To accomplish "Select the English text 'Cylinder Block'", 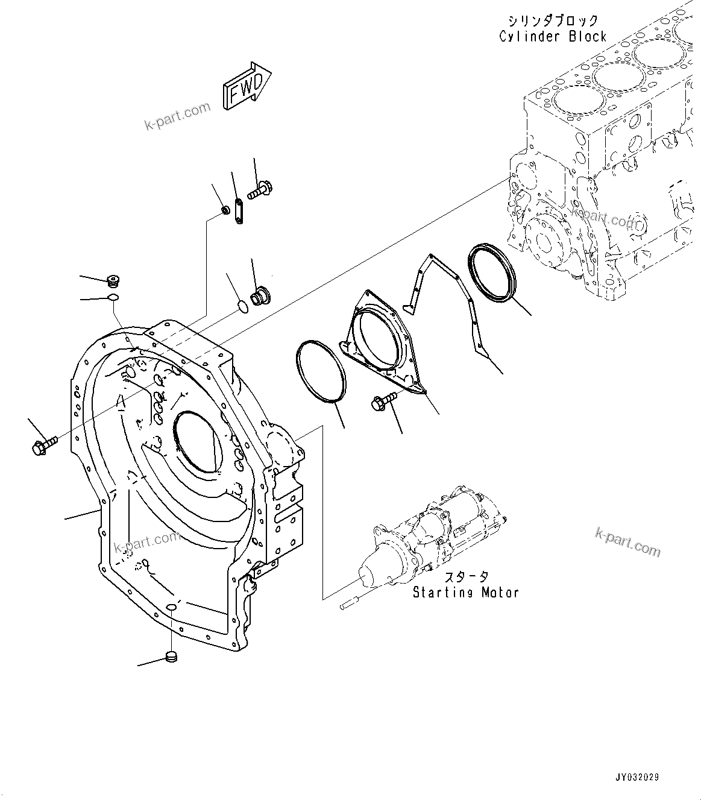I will [552, 36].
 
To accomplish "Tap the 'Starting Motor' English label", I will [465, 593].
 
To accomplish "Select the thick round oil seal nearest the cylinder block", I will [491, 271].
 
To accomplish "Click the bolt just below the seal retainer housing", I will [385, 399].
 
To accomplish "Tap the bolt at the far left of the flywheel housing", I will [43, 447].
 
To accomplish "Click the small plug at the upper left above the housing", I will [112, 280].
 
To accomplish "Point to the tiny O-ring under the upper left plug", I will [113, 297].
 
